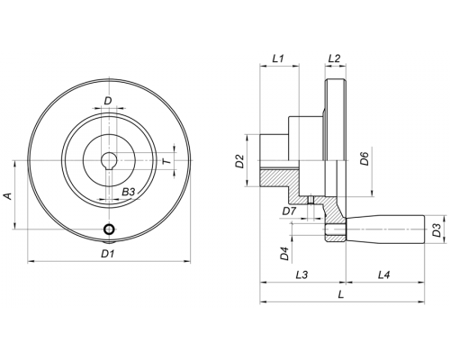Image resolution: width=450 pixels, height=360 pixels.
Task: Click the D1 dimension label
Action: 107,254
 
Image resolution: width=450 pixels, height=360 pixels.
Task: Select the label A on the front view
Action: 8,196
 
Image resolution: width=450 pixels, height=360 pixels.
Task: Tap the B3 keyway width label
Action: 129,192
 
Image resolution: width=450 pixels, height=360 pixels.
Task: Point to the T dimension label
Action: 167,162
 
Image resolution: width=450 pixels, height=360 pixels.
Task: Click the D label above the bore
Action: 108,101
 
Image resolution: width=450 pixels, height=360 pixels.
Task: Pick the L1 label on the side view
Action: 278,58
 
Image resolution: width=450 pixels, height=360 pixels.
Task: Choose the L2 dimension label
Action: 334,58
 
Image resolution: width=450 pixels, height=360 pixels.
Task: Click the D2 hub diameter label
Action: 239,161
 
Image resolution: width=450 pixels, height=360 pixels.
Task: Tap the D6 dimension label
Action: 364,158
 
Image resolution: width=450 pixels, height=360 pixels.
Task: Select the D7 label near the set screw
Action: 289,211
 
